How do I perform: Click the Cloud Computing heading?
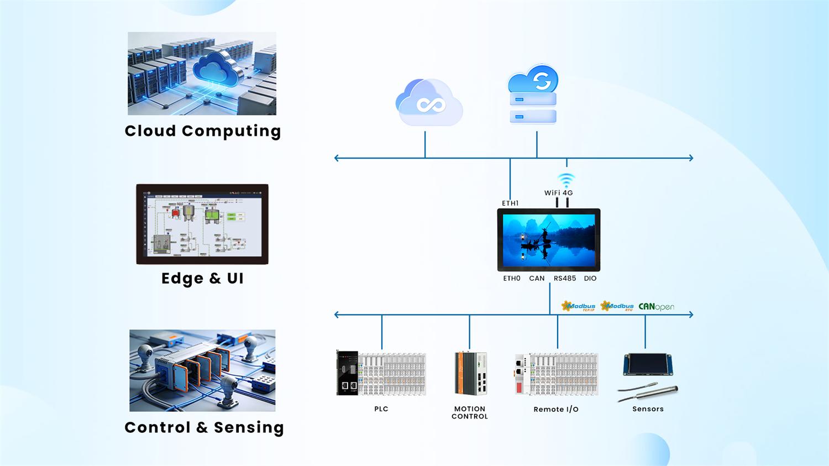tap(203, 131)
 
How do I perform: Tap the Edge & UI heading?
tap(202, 279)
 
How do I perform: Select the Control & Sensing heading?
tap(204, 427)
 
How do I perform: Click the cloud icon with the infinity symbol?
tap(429, 103)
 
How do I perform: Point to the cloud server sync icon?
tap(533, 94)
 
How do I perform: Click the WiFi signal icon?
tap(566, 180)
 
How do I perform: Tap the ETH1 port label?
tap(510, 203)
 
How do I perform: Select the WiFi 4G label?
tap(558, 193)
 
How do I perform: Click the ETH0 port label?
tap(512, 279)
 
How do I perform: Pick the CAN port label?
tap(537, 279)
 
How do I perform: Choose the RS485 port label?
tap(565, 279)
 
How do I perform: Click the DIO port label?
tap(590, 279)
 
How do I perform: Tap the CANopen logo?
tap(656, 307)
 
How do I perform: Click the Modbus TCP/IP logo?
tap(579, 307)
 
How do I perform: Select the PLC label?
tap(381, 409)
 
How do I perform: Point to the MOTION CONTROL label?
tap(470, 413)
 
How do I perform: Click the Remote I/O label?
tap(556, 410)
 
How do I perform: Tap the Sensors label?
tap(648, 409)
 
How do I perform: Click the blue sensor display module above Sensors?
tap(648, 365)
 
